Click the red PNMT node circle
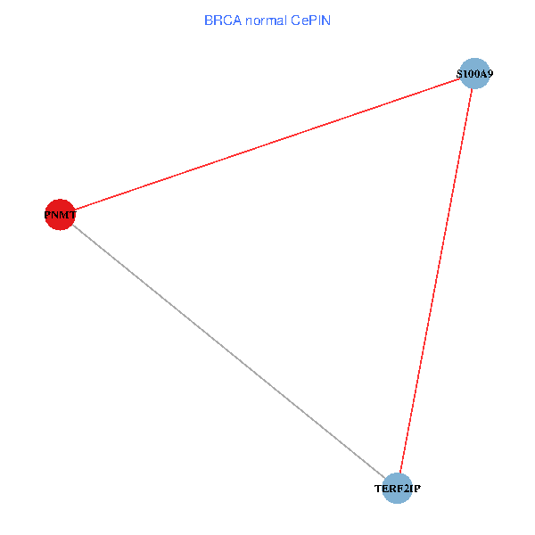click(x=60, y=215)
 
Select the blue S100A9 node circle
click(x=474, y=73)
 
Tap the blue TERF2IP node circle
click(x=397, y=489)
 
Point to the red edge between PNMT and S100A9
click(x=267, y=144)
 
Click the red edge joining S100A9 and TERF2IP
click(x=436, y=281)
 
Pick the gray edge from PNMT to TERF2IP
click(x=229, y=351)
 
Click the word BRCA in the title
click(x=223, y=21)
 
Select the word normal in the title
click(x=266, y=21)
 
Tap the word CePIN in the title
click(x=310, y=21)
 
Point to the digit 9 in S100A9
click(x=490, y=74)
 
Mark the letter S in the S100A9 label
click(x=459, y=74)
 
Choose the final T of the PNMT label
click(x=72, y=215)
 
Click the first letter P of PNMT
click(x=47, y=215)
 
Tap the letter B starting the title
click(x=209, y=21)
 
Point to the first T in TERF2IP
click(x=378, y=489)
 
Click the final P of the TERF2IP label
click(x=417, y=489)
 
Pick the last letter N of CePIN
click(x=325, y=21)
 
